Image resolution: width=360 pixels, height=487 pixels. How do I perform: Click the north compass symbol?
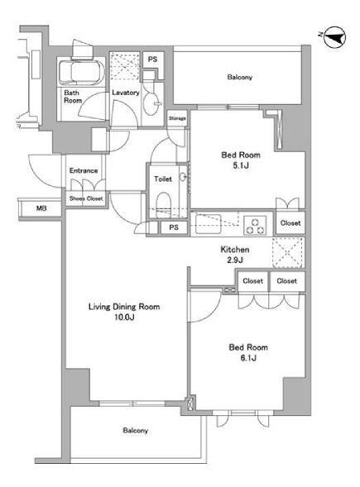coord(334,37)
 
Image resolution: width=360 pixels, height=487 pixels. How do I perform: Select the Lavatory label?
coord(126,93)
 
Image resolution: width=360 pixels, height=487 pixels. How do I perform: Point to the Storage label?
coord(177,118)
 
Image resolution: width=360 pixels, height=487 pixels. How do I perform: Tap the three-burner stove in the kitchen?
coord(255,226)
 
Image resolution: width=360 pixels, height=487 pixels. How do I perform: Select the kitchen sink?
coord(208,224)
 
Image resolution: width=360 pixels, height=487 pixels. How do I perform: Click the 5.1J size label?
coord(241,165)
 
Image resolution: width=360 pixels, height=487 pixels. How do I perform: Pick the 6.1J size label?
coord(248,358)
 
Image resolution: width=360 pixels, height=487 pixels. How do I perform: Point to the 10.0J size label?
coord(124,318)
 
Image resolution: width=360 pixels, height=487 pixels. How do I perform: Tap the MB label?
coord(41,208)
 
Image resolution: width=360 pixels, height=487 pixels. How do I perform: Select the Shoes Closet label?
coord(86,198)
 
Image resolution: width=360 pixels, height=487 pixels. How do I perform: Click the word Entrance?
coord(84,170)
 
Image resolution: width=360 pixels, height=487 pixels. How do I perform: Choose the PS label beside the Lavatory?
coord(152,59)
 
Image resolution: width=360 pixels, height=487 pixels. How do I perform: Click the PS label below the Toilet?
coord(174,227)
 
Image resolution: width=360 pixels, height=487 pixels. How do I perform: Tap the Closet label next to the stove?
coord(290,223)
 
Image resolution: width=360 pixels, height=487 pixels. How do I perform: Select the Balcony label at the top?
coord(239,77)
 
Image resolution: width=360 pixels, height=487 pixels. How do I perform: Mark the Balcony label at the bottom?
coord(135,431)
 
